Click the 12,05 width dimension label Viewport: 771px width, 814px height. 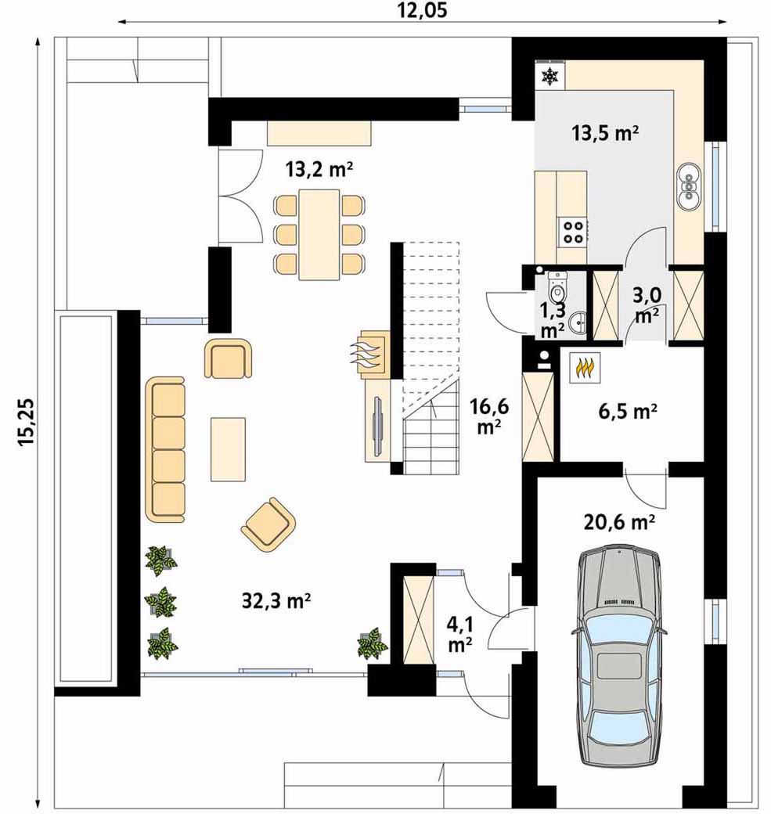(x=422, y=10)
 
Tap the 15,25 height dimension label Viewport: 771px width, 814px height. (x=26, y=421)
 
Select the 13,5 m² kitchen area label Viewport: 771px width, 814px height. (x=605, y=133)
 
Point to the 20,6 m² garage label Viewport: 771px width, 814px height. (x=619, y=522)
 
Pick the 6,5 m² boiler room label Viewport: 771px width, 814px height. (x=628, y=411)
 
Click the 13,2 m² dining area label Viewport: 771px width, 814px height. (x=319, y=169)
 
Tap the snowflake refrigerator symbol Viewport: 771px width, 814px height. (x=549, y=77)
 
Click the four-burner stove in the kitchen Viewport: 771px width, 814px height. (x=573, y=232)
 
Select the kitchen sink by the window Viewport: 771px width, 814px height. (x=689, y=185)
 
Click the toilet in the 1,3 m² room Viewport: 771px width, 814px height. (x=557, y=287)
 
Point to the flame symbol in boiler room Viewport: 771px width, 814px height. (x=585, y=368)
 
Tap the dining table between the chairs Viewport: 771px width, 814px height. (x=319, y=234)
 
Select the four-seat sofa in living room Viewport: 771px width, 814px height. (x=166, y=449)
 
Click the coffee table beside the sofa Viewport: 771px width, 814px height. (x=228, y=449)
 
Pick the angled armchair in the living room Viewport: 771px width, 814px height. (x=268, y=524)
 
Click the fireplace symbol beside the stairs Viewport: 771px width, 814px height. (x=369, y=352)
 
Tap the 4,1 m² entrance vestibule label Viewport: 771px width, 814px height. (x=459, y=636)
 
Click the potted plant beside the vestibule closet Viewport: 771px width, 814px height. (x=373, y=643)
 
